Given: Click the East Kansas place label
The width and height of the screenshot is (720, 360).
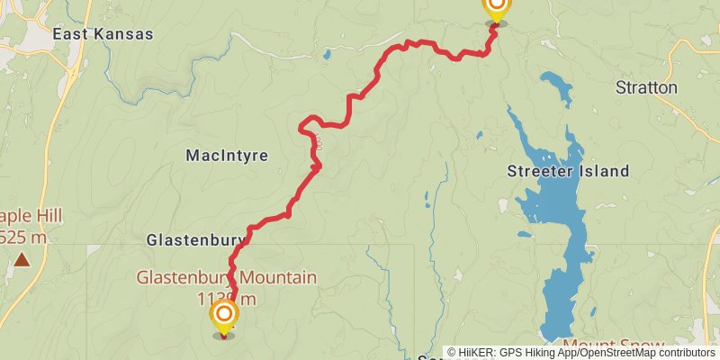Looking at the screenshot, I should (x=103, y=34).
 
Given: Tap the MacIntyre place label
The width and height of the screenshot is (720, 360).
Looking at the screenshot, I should (x=227, y=156).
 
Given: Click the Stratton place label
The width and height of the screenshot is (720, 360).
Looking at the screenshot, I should (x=646, y=88).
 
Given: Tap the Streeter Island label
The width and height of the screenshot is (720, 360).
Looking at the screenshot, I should (x=568, y=172).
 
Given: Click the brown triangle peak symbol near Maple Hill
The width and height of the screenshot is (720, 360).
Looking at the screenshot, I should (x=21, y=261).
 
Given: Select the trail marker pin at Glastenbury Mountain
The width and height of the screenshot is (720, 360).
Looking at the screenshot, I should (x=223, y=316).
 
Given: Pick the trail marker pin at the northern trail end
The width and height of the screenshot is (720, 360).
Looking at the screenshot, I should (x=496, y=7).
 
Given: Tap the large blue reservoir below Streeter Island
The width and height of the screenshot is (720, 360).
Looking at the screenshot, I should (x=563, y=270).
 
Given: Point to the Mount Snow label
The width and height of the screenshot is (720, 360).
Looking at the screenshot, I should (x=614, y=345).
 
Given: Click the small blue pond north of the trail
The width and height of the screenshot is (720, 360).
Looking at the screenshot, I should (x=326, y=54).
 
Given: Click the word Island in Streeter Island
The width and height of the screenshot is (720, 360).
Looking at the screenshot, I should (x=604, y=172).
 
